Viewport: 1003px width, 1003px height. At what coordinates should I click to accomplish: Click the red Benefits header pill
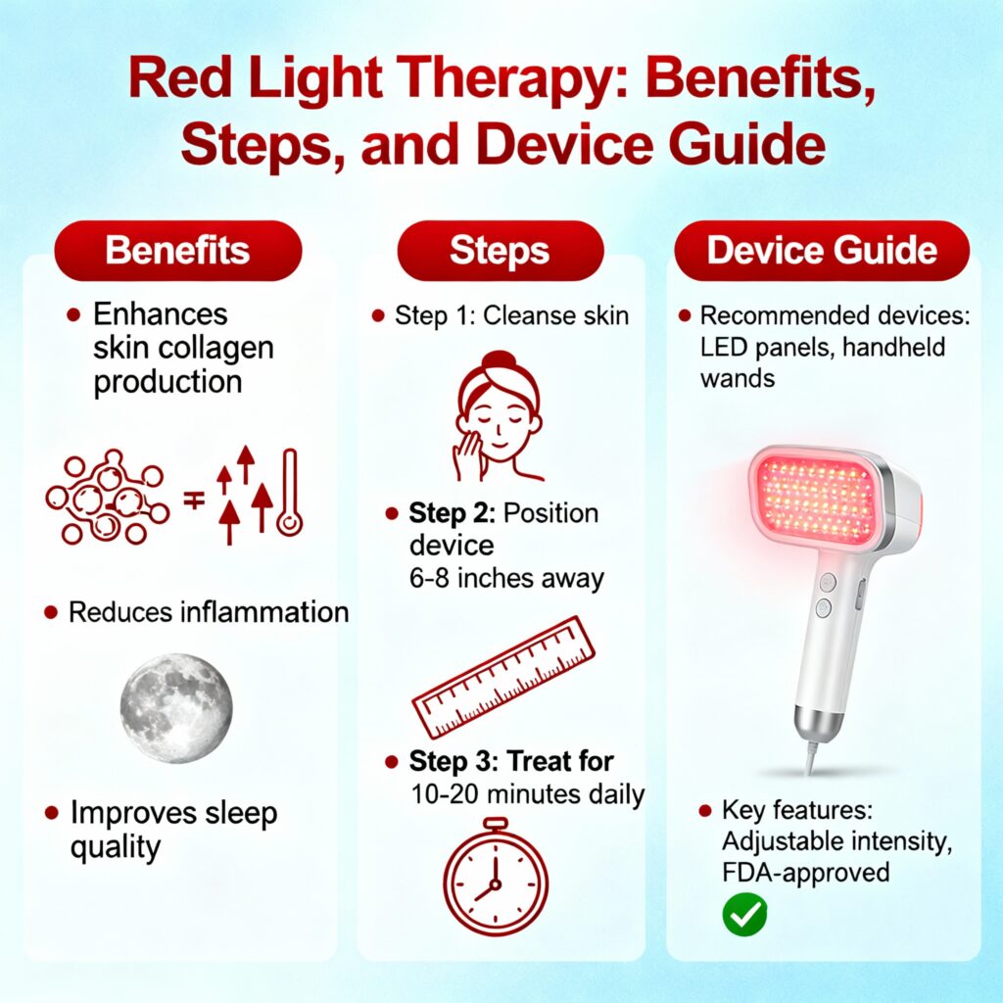pyautogui.click(x=177, y=250)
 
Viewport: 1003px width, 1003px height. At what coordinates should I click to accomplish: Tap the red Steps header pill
pyautogui.click(x=500, y=250)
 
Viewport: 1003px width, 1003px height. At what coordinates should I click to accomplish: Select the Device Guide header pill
pyautogui.click(x=822, y=250)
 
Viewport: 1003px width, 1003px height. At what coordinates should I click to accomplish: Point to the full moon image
pyautogui.click(x=176, y=708)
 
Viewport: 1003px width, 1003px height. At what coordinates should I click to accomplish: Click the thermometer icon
pyautogui.click(x=289, y=493)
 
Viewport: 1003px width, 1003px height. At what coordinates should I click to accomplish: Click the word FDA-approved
pyautogui.click(x=805, y=871)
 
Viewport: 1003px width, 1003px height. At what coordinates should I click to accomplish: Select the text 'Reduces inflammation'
pyautogui.click(x=208, y=613)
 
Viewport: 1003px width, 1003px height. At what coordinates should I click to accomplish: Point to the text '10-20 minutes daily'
pyautogui.click(x=527, y=793)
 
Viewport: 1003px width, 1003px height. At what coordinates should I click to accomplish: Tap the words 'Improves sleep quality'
pyautogui.click(x=172, y=830)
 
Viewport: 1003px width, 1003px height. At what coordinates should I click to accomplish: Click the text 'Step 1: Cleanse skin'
pyautogui.click(x=511, y=315)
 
